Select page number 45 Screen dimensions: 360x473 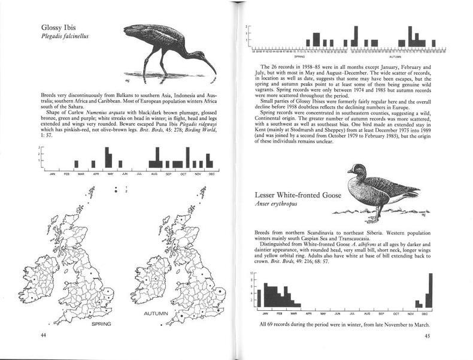coord(427,335)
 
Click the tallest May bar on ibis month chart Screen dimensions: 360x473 coord(107,157)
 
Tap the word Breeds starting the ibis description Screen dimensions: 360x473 coord(49,95)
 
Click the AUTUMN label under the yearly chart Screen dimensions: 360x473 coord(398,56)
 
